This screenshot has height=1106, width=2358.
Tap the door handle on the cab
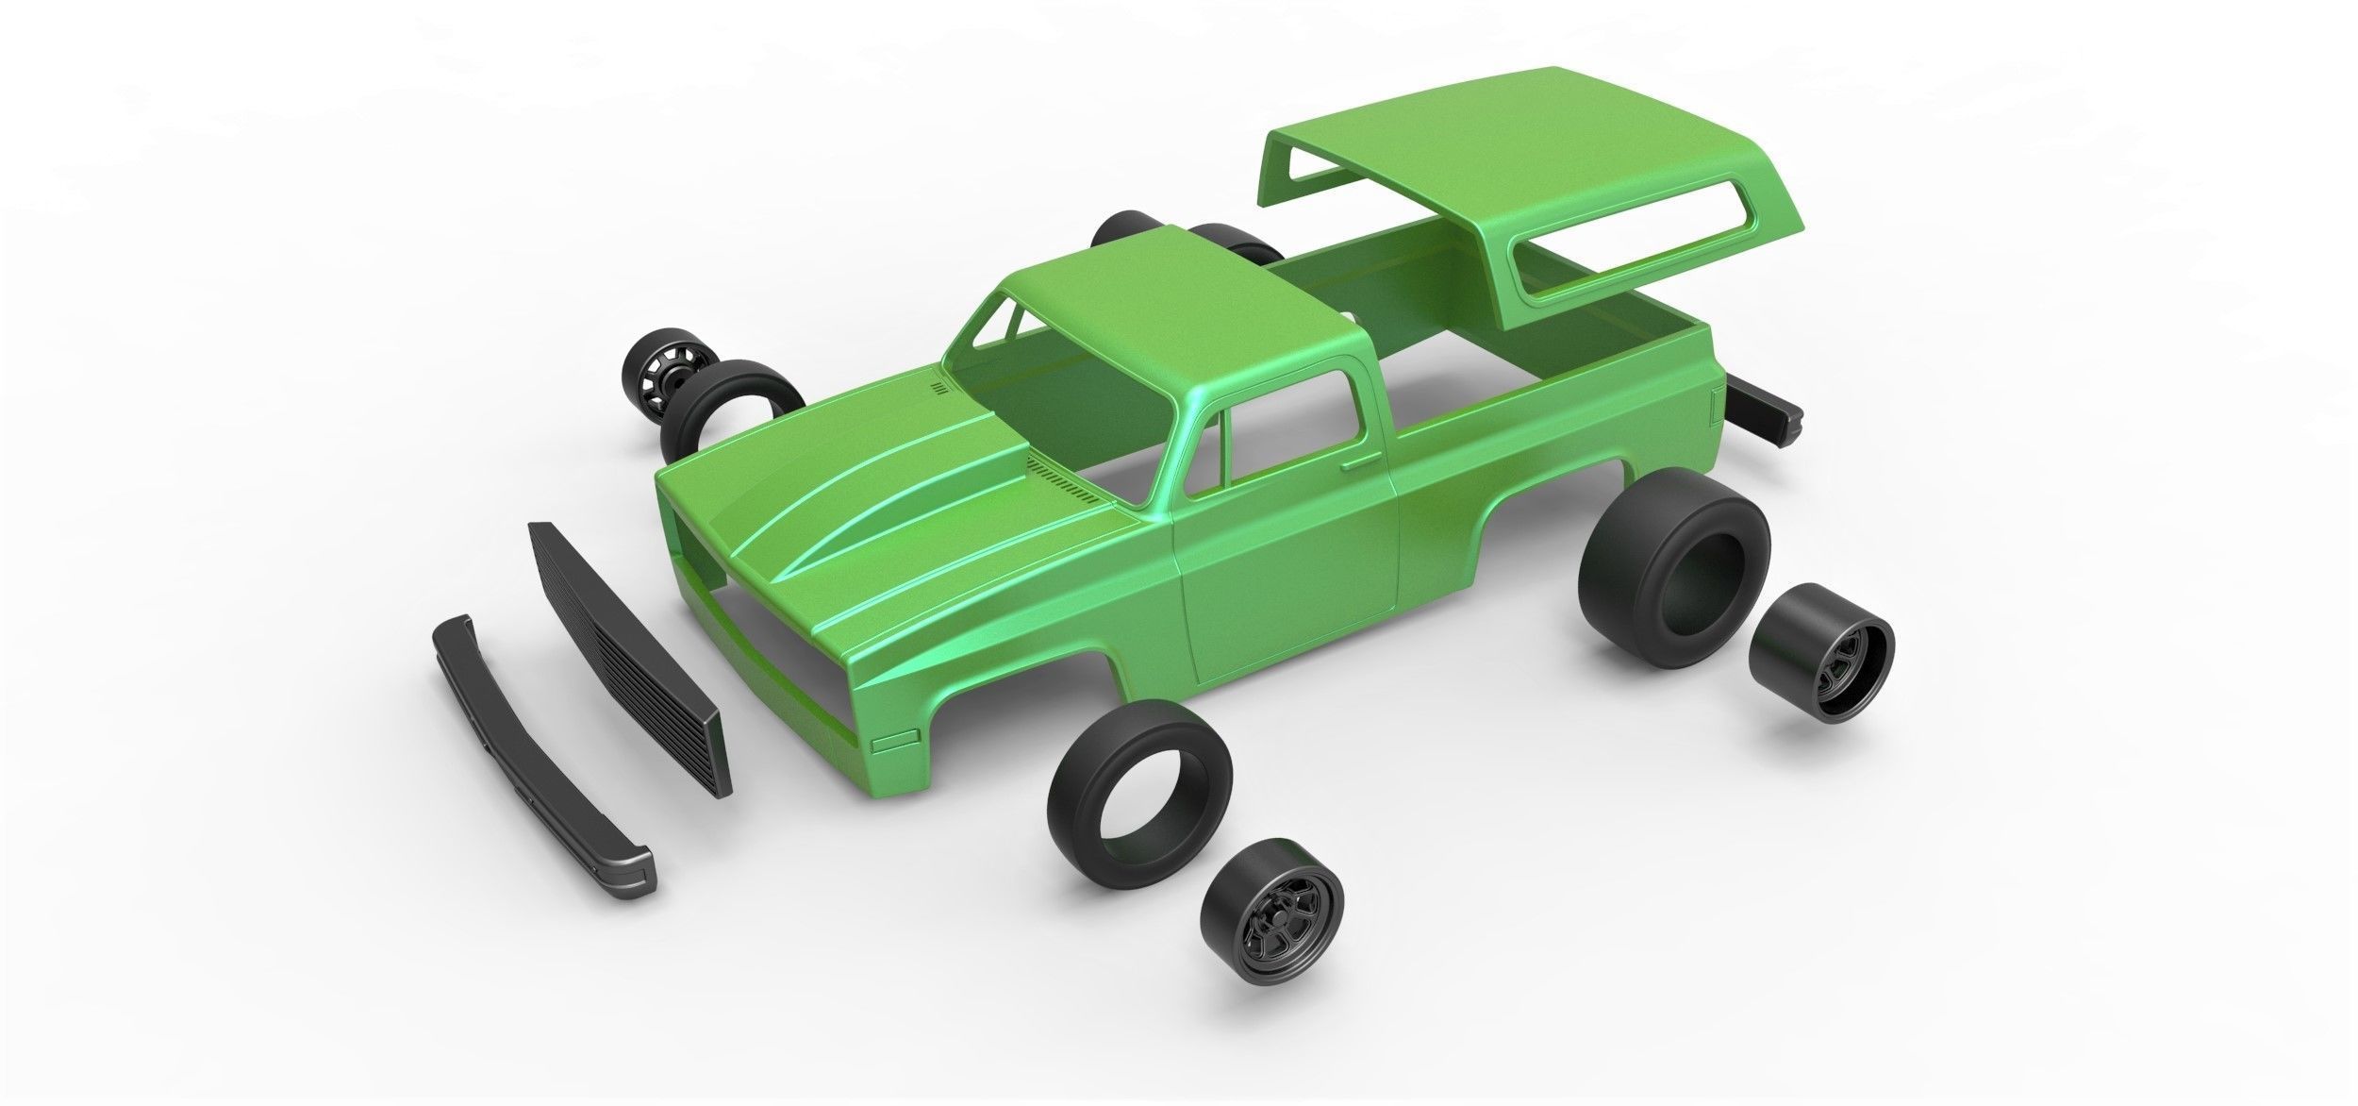point(1359,463)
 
